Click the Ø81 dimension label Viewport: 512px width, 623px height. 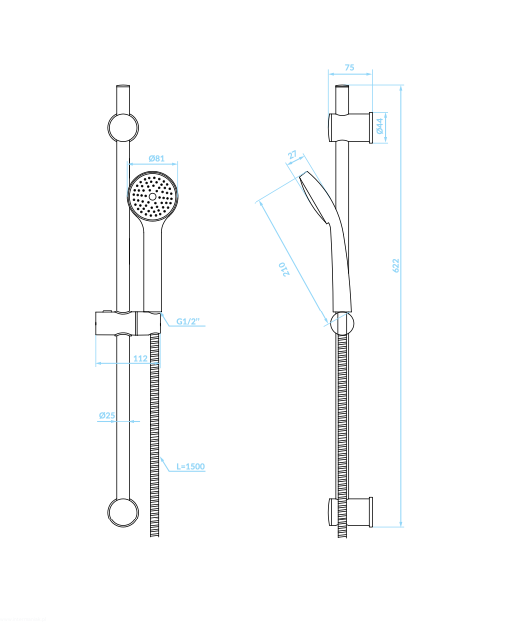coord(156,158)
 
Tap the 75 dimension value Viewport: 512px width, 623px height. coord(349,67)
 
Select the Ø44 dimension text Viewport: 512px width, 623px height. coord(380,126)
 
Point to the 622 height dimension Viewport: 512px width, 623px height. coord(396,265)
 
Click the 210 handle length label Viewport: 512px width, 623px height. coord(284,269)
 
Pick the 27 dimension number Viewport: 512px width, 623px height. coord(293,154)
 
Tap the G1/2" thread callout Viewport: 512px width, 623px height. coord(188,321)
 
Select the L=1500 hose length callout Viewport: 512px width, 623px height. coord(191,466)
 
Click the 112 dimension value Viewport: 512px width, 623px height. coord(140,359)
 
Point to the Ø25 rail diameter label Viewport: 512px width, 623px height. coord(107,415)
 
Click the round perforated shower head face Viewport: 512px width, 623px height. coord(153,195)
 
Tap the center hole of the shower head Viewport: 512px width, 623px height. coord(153,196)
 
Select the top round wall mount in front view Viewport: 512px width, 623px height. coord(123,128)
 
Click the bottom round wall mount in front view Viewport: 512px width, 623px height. coord(123,513)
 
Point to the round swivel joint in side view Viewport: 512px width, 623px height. coord(342,323)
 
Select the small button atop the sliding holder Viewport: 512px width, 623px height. coord(107,311)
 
